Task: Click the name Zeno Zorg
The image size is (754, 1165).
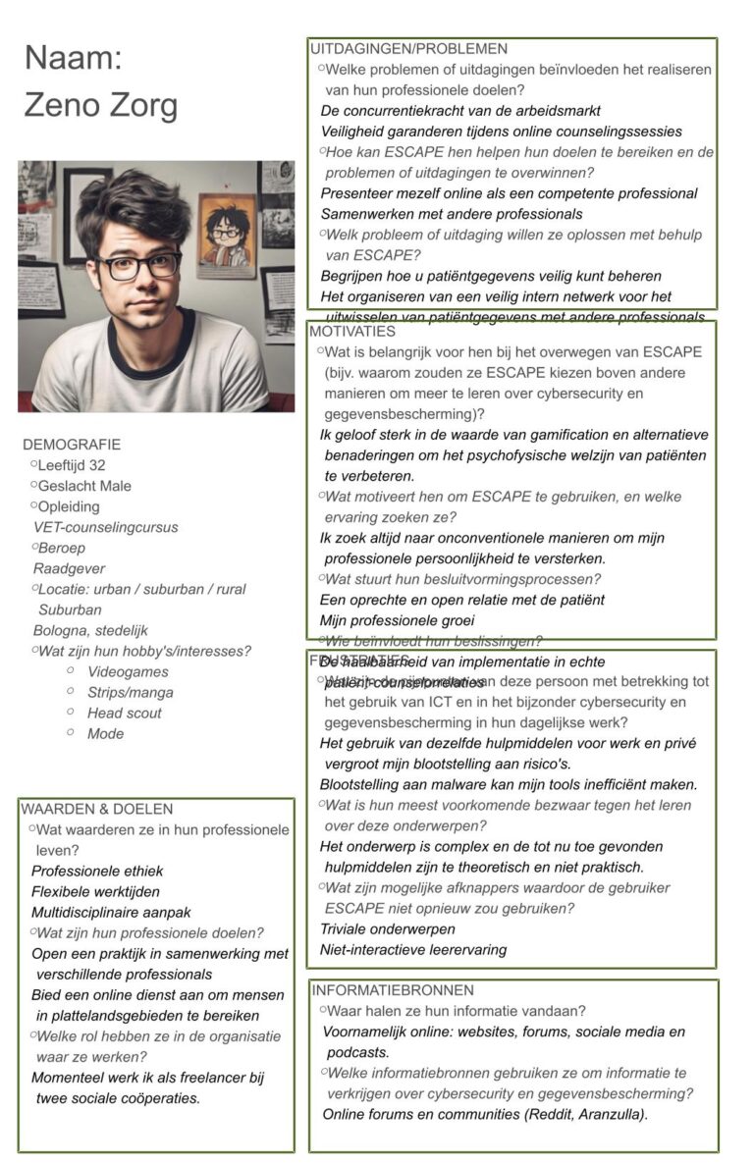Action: pos(101,103)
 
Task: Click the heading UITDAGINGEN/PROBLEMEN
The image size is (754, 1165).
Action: pos(408,48)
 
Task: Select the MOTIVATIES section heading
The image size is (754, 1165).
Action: pos(352,332)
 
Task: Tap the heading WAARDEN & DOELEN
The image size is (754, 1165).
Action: pos(96,809)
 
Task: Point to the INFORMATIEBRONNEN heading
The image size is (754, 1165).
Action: pos(392,990)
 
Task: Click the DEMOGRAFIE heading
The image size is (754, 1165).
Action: pos(72,445)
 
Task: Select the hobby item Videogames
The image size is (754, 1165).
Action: pos(128,672)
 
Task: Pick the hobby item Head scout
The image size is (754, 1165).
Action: pos(125,714)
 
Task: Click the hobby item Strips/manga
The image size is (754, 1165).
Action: pos(130,693)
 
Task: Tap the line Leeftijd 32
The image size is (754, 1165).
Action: pos(71,465)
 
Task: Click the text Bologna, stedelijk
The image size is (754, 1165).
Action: pos(90,631)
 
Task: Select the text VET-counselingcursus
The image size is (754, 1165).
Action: pos(106,527)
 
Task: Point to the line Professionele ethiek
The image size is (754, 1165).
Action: pos(97,871)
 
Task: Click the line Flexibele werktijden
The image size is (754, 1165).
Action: pos(95,891)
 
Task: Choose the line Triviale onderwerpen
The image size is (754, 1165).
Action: pos(387,928)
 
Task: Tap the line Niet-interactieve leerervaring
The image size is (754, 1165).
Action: pos(413,949)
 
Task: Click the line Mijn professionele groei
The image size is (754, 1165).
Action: pos(397,620)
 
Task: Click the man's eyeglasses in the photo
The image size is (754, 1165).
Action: pos(138,264)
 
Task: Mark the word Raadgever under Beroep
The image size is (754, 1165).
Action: pos(69,568)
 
